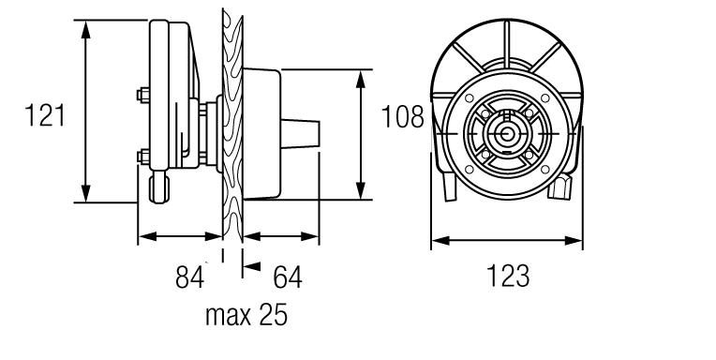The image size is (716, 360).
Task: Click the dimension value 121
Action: click(x=45, y=115)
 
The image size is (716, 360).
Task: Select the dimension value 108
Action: click(x=402, y=117)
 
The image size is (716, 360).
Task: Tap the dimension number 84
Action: click(x=189, y=277)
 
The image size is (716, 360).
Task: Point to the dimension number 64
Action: click(x=287, y=277)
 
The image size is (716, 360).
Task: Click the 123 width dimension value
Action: click(x=508, y=276)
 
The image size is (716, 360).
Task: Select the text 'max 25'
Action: click(x=246, y=315)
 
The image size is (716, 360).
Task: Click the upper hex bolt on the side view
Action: click(x=143, y=95)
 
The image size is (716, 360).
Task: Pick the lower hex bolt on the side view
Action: click(x=143, y=157)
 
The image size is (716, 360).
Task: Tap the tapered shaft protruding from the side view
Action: click(x=300, y=133)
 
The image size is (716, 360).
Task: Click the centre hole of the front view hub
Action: click(x=506, y=134)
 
